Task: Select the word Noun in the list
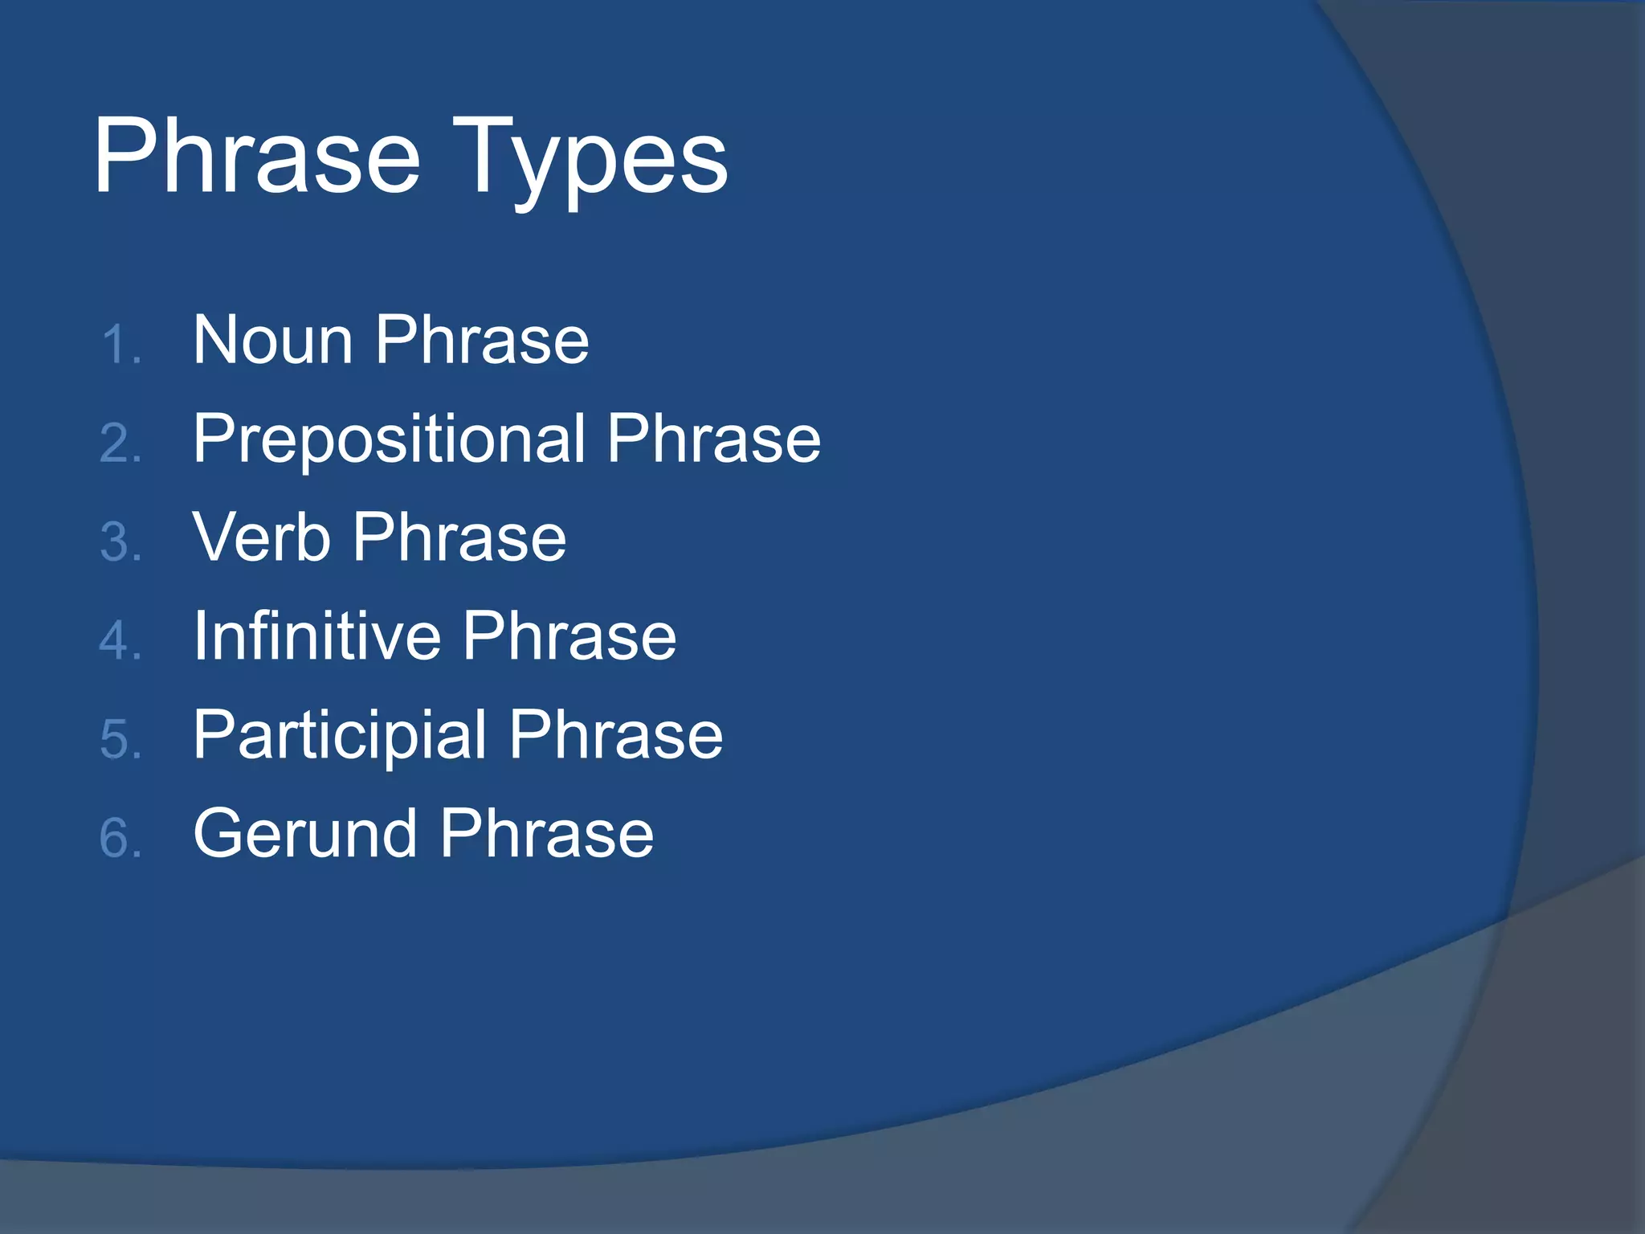click(x=273, y=341)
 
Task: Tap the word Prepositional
click(x=389, y=440)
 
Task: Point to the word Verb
click(x=262, y=538)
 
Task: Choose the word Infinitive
click(x=316, y=636)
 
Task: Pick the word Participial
click(x=340, y=736)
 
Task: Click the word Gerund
click(x=305, y=834)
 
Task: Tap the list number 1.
click(x=120, y=346)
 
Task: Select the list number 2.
click(x=120, y=444)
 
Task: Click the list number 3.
click(x=120, y=542)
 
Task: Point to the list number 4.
click(x=120, y=641)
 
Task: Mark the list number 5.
click(x=120, y=740)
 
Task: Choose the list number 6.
click(x=120, y=838)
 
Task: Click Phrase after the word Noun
click(x=482, y=341)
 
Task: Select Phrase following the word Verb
click(x=459, y=538)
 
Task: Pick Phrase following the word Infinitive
click(x=569, y=636)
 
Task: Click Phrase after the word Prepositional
click(x=713, y=440)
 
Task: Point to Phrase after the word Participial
click(x=616, y=736)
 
